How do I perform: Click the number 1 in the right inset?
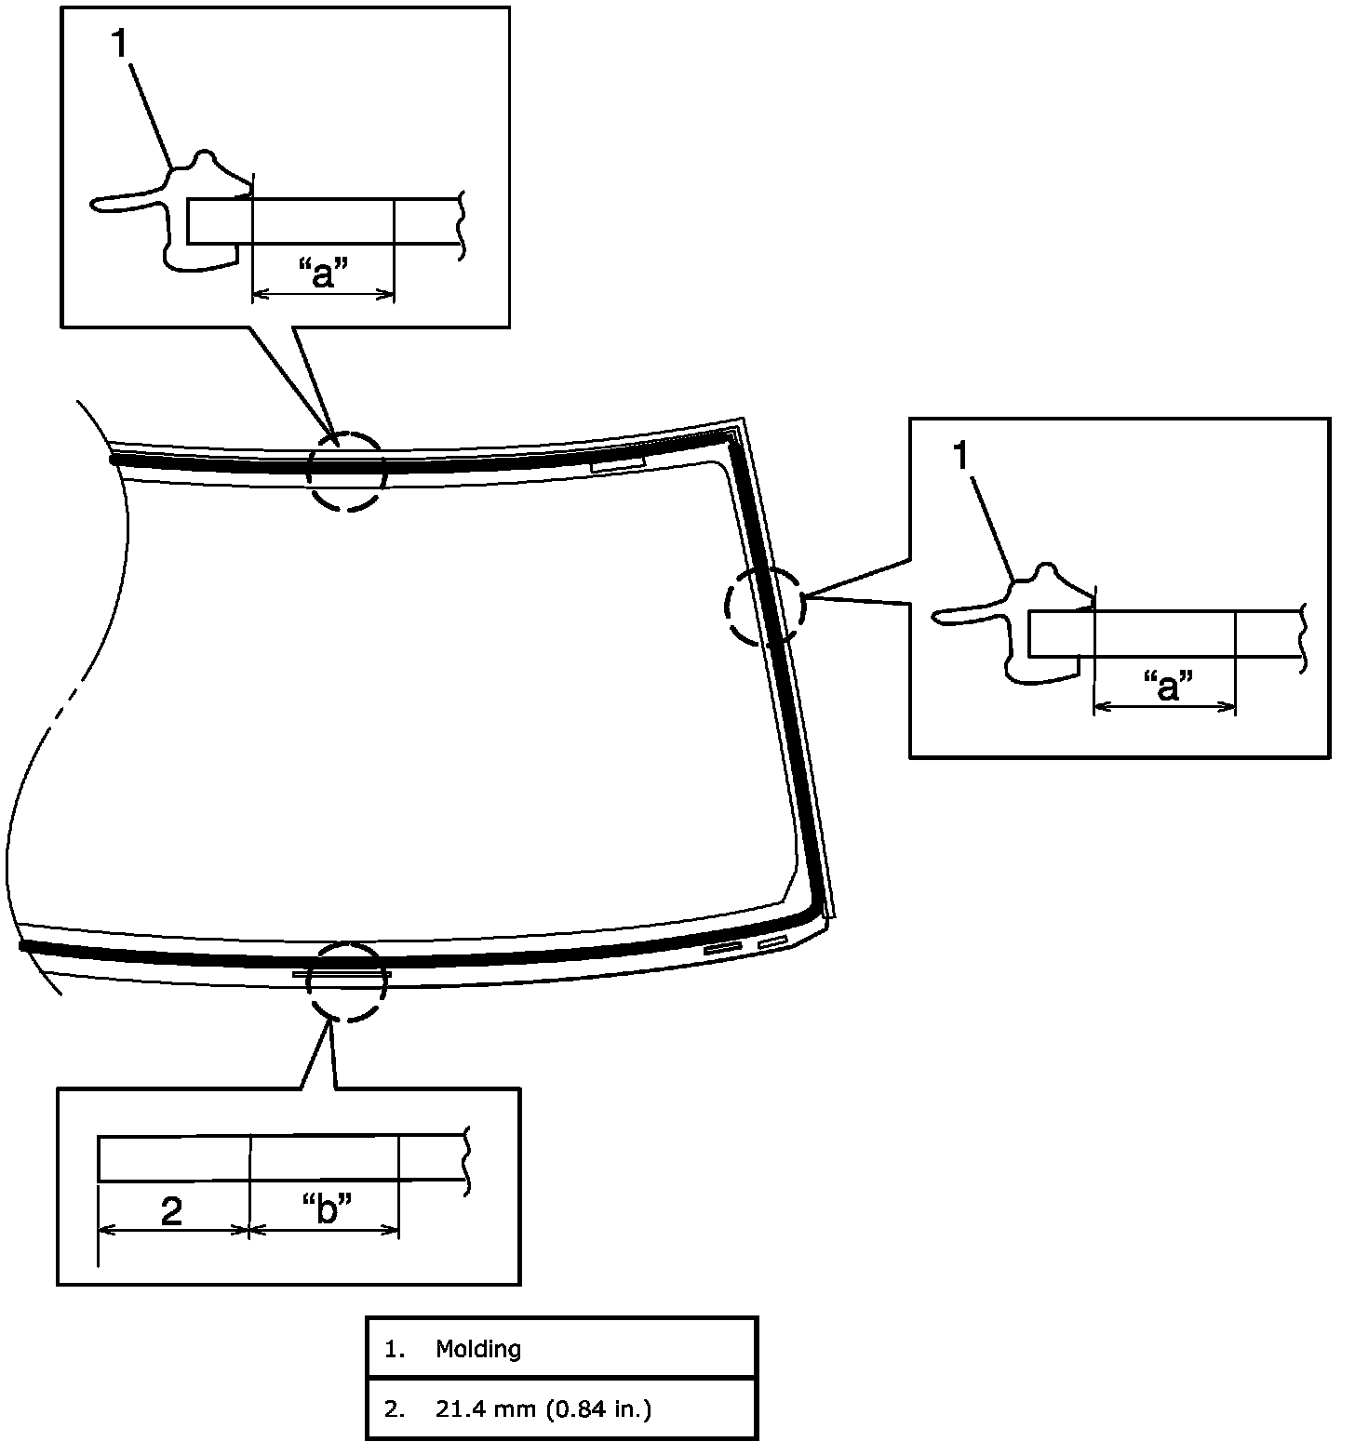click(964, 456)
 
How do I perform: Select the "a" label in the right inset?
click(1166, 687)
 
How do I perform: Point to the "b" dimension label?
click(327, 1208)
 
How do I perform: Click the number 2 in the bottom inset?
click(172, 1210)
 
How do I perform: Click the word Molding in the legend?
click(478, 1349)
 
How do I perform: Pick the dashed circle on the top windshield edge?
click(346, 471)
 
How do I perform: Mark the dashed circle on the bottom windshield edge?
click(346, 981)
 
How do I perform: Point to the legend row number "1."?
click(396, 1349)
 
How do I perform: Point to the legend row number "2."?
click(396, 1409)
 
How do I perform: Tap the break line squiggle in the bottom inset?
click(465, 1158)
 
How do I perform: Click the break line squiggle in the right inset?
click(1305, 635)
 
